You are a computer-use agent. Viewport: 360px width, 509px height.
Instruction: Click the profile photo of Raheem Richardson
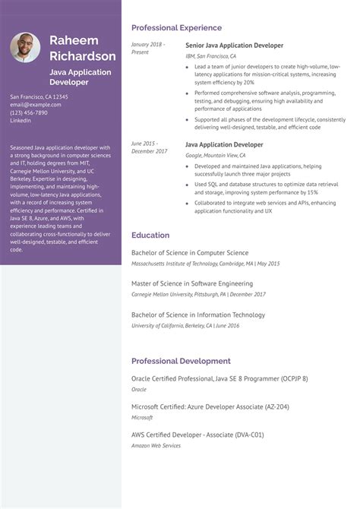pos(25,48)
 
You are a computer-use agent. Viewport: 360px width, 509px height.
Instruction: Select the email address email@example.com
pos(33,105)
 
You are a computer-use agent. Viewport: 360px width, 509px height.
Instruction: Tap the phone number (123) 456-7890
pos(29,112)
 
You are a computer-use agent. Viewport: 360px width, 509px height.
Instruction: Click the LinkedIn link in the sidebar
pos(21,120)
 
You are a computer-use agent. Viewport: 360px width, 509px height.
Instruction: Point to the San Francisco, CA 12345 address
pos(39,97)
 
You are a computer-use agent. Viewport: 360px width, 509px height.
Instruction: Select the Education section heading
pos(150,236)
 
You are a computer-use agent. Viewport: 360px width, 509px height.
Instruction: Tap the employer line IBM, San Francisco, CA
pos(211,56)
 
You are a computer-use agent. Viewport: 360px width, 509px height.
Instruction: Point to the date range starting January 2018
pos(147,48)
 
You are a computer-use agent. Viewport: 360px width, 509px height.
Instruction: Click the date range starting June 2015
pos(149,147)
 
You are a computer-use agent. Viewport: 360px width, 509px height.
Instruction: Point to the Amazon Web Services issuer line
pos(156,445)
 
